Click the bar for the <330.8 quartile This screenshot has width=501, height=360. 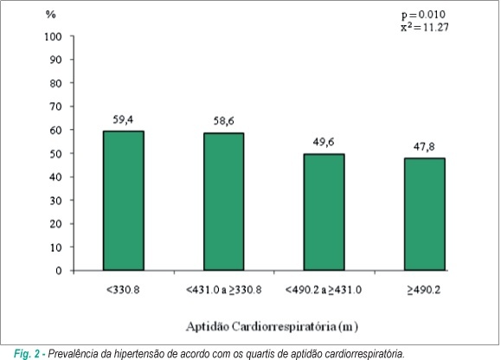(x=124, y=201)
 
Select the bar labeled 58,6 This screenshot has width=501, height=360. (x=223, y=202)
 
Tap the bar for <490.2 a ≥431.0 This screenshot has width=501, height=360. (x=324, y=212)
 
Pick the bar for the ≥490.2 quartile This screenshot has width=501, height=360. (x=425, y=214)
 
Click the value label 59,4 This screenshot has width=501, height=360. (x=123, y=119)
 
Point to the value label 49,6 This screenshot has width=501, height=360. (x=324, y=142)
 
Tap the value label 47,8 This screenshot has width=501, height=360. (x=424, y=146)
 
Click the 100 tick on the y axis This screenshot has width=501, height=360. (x=53, y=36)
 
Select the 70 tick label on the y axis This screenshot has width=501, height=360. (x=55, y=106)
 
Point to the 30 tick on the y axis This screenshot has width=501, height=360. (x=55, y=201)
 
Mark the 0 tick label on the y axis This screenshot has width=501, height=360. (x=59, y=271)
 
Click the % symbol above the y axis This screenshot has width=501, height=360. (x=51, y=15)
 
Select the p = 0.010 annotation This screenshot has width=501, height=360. (x=423, y=15)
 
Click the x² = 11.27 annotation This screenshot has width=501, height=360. (x=425, y=27)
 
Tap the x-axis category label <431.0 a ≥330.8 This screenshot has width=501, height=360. (x=223, y=290)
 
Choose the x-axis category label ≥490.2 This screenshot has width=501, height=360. (x=424, y=290)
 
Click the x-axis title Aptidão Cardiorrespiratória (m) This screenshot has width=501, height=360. (x=273, y=326)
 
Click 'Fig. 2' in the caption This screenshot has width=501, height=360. (x=27, y=354)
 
